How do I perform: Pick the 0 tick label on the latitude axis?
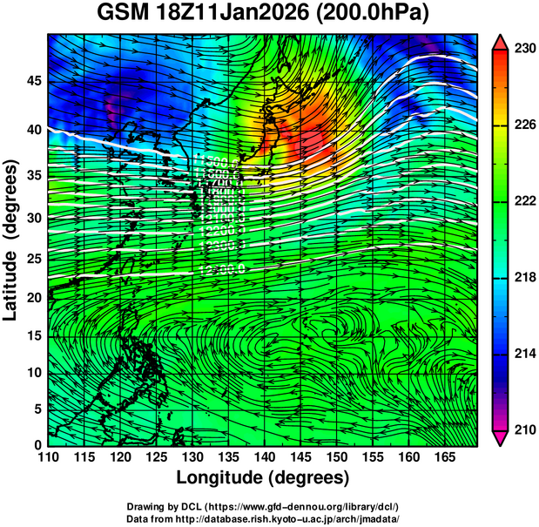pos(37,445)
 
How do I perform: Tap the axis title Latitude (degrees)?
pos(11,240)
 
